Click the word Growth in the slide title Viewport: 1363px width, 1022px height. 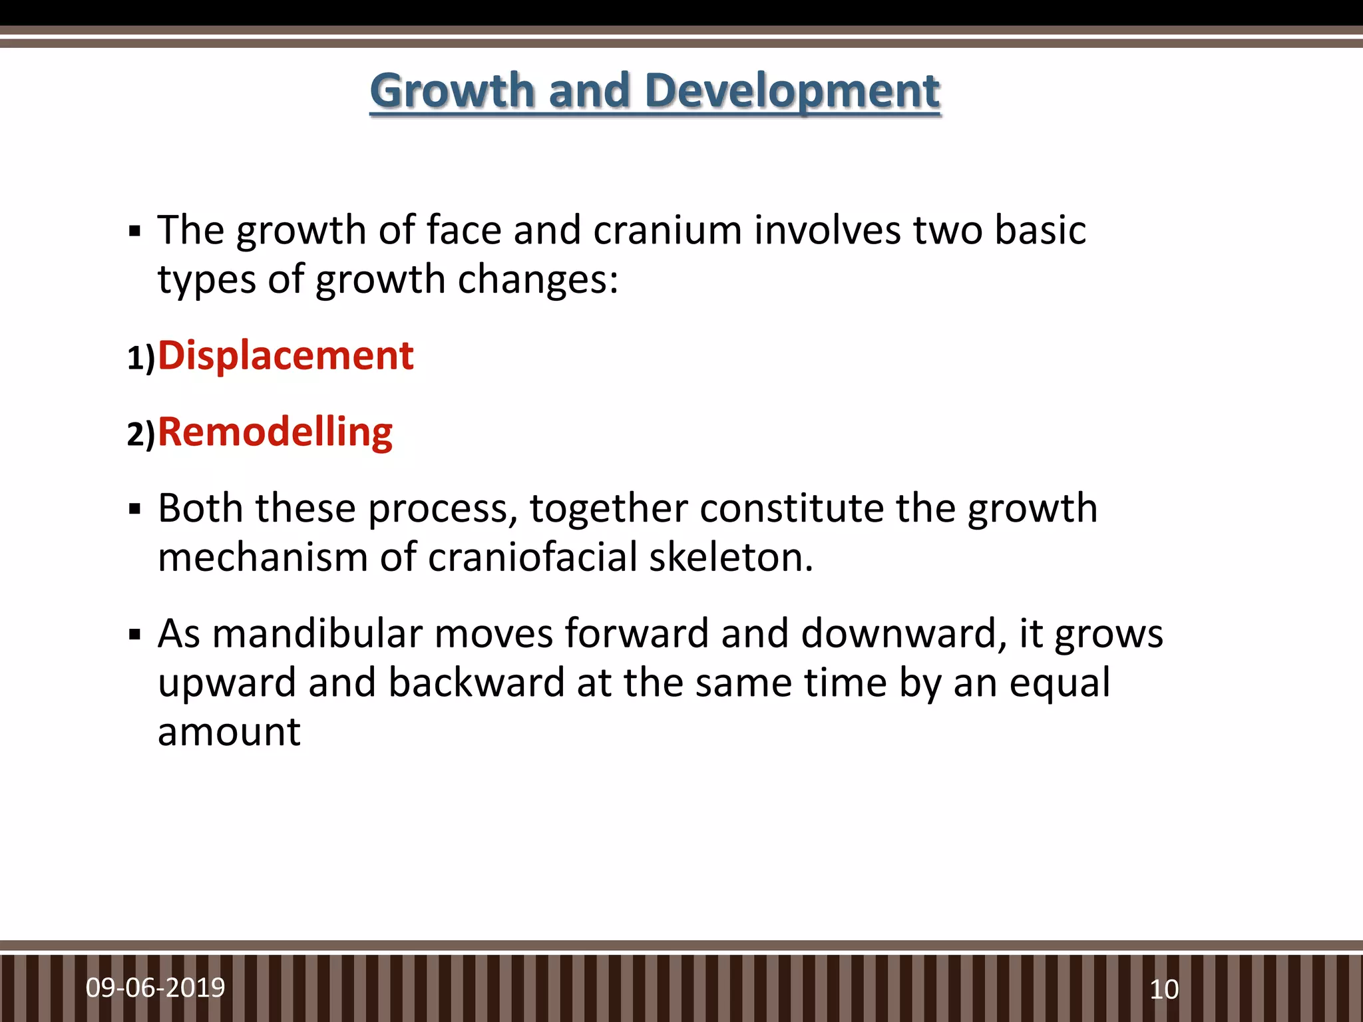452,91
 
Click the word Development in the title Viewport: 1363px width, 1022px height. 792,91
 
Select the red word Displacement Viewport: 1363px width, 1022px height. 286,355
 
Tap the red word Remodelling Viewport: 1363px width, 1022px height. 275,432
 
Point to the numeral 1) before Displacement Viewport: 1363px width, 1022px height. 140,358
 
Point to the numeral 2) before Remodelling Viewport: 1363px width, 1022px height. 140,434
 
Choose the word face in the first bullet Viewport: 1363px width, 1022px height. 463,230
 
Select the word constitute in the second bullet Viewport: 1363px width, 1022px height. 791,508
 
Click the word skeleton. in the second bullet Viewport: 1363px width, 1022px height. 731,557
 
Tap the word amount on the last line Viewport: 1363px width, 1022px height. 229,732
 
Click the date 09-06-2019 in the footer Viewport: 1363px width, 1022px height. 155,987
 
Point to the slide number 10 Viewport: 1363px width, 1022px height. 1164,989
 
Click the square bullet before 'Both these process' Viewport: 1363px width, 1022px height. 135,510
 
